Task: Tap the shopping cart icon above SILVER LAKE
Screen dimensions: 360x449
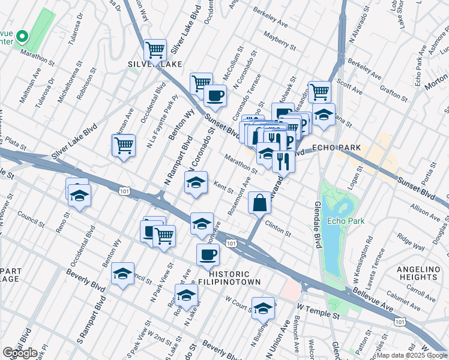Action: click(x=155, y=49)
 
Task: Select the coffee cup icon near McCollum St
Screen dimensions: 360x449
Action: click(x=215, y=95)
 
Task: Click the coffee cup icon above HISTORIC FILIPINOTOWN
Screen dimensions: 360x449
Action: click(x=208, y=254)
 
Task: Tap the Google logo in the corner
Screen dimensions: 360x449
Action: click(x=20, y=353)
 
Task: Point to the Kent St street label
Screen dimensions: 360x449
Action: click(x=224, y=187)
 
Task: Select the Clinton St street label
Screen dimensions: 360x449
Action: click(x=278, y=229)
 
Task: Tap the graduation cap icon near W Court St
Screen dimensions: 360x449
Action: click(x=262, y=308)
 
